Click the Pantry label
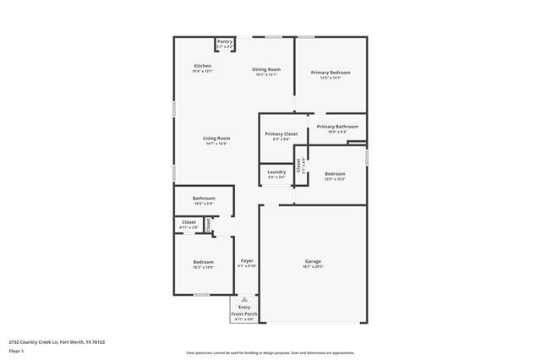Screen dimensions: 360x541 [225, 41]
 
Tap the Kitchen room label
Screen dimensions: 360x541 [202, 66]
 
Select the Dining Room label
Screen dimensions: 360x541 [266, 69]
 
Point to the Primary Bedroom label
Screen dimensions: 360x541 [331, 73]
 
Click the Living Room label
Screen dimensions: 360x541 [216, 139]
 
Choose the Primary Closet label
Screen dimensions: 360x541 [281, 134]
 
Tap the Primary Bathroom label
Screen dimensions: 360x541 [337, 127]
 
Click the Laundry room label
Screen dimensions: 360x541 [276, 172]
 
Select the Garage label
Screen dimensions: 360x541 [313, 262]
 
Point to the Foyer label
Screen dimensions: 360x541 [247, 261]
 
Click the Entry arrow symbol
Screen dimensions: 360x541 [244, 299]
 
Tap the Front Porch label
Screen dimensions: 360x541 [244, 314]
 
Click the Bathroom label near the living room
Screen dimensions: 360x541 [204, 199]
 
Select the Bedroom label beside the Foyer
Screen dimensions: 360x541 [203, 262]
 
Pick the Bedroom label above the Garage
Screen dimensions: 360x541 [335, 174]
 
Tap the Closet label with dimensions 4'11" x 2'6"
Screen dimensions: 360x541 [189, 222]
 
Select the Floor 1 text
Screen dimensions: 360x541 [17, 351]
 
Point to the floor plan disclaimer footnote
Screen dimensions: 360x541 [270, 353]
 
